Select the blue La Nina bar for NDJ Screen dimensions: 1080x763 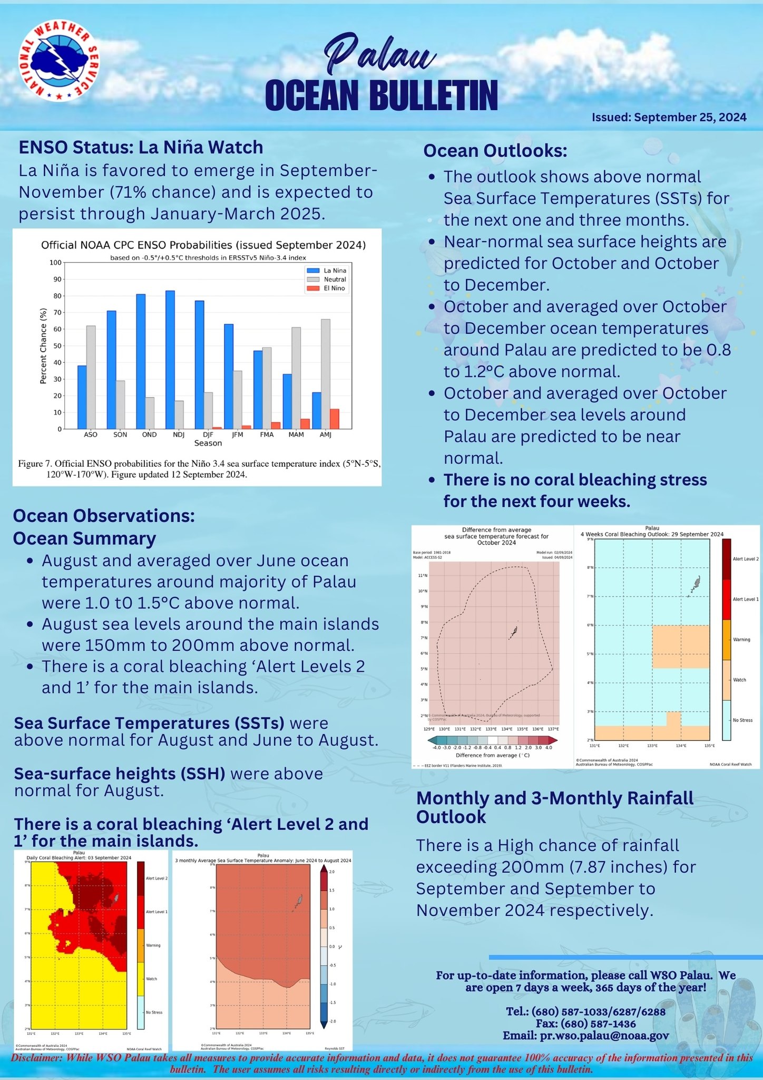pos(170,359)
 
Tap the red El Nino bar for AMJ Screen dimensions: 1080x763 pos(335,419)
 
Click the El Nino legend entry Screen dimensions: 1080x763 pos(334,288)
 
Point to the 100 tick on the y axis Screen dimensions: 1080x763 pos(55,263)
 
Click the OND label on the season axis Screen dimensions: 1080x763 pos(150,435)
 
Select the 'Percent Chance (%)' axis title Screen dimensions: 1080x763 pos(44,346)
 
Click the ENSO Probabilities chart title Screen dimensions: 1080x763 pos(203,245)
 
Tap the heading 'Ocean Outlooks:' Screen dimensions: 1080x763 pos(495,151)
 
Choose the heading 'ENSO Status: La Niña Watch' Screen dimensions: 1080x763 pos(141,147)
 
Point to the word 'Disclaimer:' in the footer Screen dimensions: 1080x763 pos(35,1058)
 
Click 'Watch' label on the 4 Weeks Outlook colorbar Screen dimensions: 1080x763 pos(739,680)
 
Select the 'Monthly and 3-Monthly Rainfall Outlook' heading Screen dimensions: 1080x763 pos(554,807)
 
